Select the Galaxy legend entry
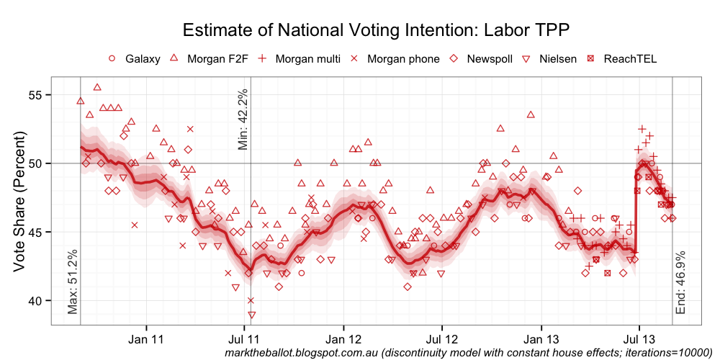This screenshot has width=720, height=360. [135, 58]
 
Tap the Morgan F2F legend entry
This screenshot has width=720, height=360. [209, 58]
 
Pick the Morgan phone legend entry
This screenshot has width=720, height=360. [395, 58]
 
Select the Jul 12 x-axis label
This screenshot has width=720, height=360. [442, 338]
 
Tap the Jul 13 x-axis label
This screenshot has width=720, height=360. [639, 338]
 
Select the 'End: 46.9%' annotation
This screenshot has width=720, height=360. [681, 282]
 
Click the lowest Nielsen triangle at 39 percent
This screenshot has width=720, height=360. [251, 315]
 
